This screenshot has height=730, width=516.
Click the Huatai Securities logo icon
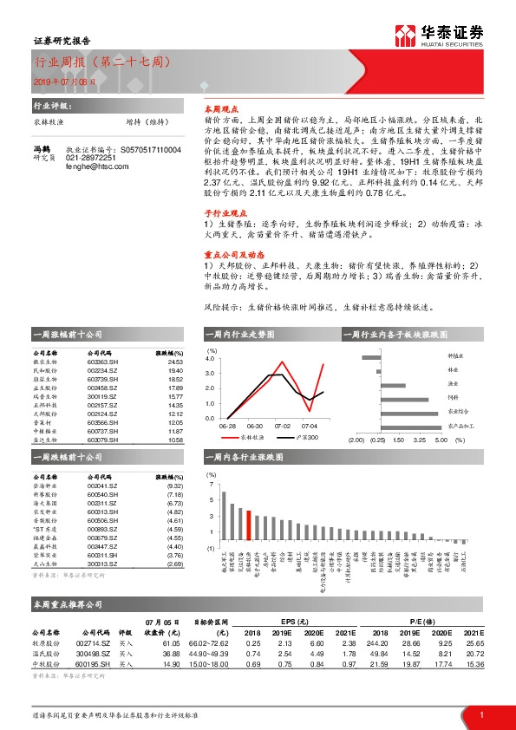(406, 36)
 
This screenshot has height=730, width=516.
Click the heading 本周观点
(219, 111)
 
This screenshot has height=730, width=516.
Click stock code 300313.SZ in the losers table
(103, 564)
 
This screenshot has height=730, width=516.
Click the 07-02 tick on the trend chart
(282, 426)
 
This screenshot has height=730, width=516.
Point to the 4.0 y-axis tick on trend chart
(209, 357)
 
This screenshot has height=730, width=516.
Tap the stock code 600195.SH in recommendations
(104, 663)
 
